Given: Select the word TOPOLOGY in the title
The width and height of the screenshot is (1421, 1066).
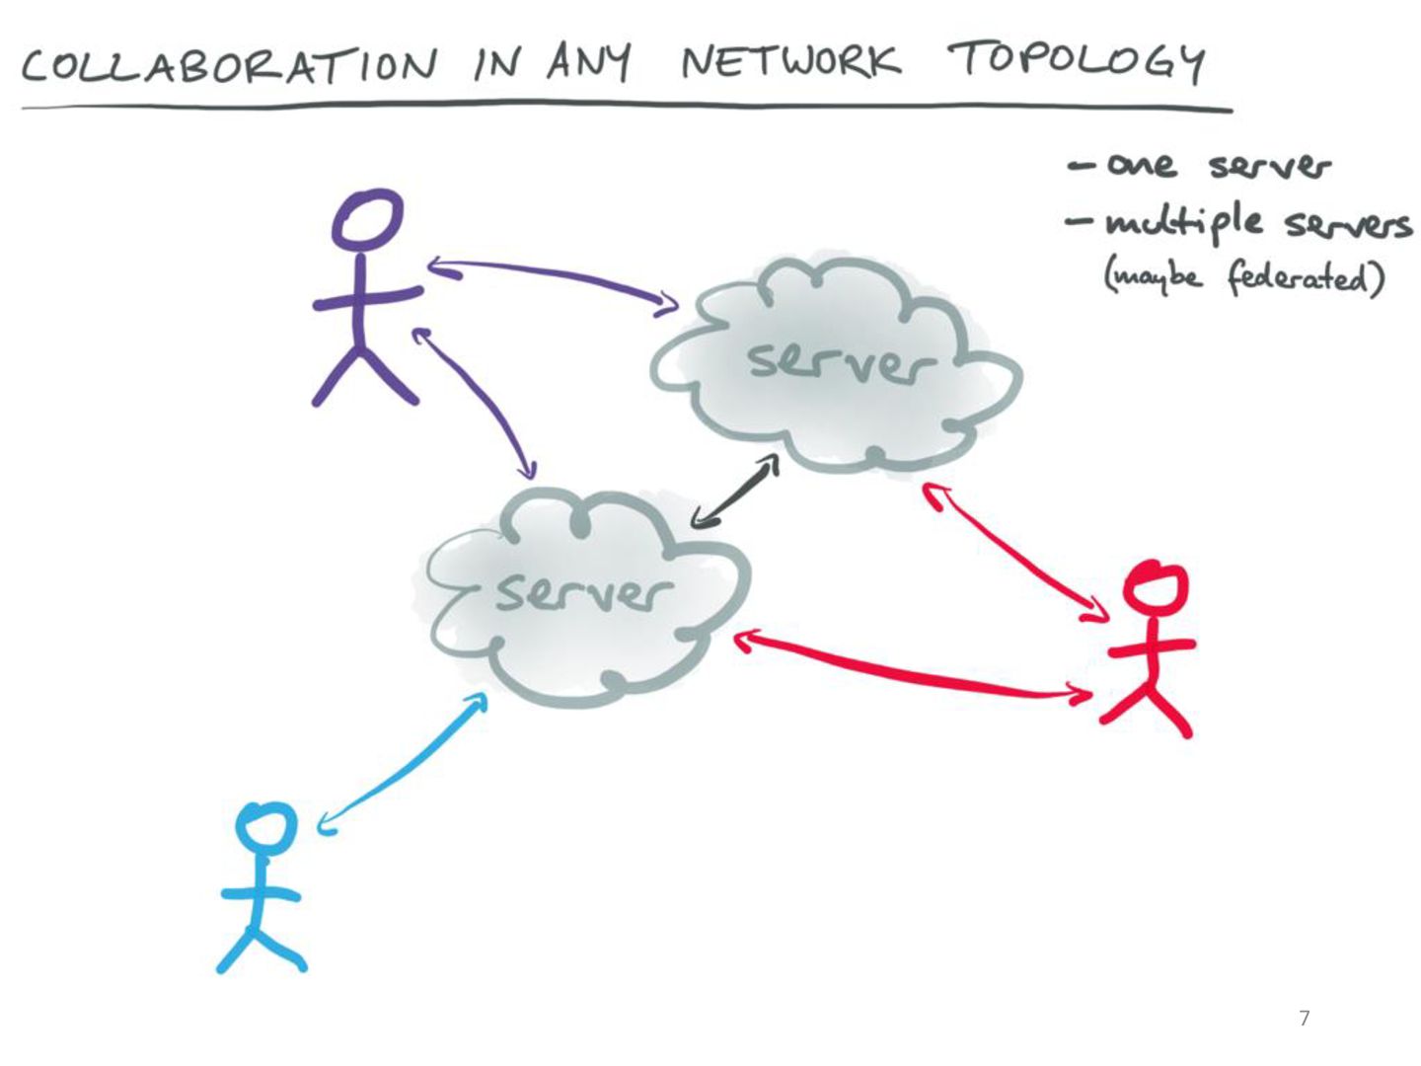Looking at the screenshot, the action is point(1077,61).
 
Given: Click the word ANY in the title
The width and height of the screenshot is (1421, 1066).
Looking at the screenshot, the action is point(588,62).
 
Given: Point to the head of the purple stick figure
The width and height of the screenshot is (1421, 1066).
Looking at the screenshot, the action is point(367,219).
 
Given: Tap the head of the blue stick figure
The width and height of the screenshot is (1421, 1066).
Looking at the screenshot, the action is point(265,827).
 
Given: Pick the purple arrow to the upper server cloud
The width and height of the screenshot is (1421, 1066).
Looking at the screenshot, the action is point(553,279).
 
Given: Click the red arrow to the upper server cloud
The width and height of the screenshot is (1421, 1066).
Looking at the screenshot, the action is point(1015,552).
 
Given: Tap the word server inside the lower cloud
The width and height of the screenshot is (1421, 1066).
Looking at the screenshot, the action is point(582,591).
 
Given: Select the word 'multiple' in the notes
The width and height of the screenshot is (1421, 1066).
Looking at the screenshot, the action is point(1183,222).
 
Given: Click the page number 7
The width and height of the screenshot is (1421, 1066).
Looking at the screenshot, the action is point(1305,1018).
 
